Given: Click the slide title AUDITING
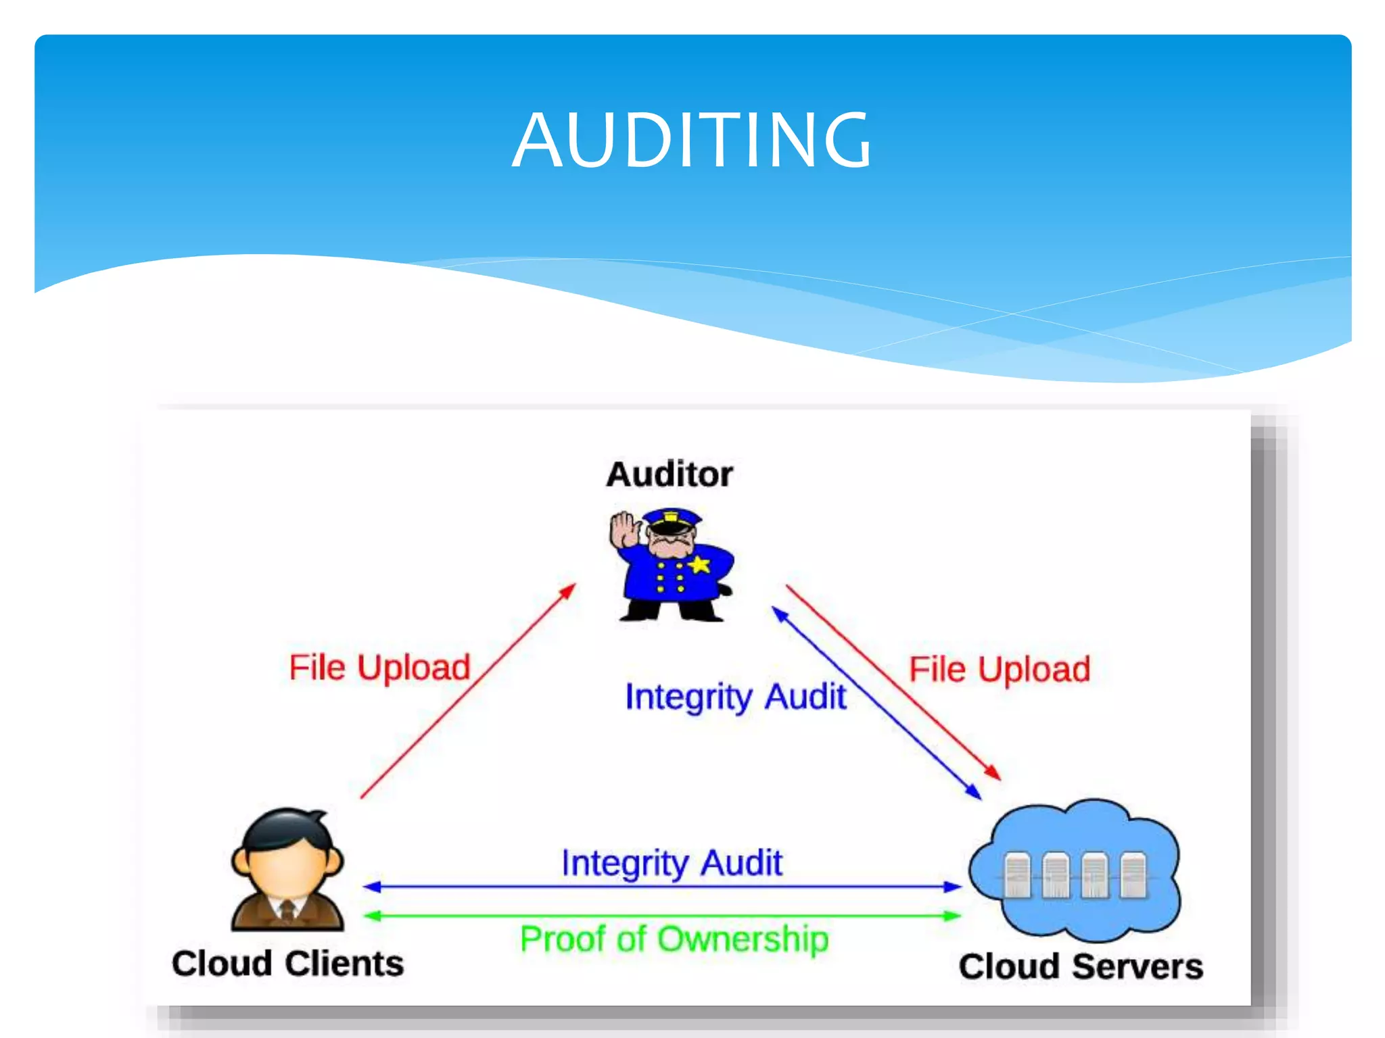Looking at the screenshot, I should pyautogui.click(x=691, y=140).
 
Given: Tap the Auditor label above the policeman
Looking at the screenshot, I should pyautogui.click(x=669, y=474).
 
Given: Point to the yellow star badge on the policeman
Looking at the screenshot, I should pyautogui.click(x=700, y=563).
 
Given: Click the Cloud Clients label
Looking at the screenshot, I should pyautogui.click(x=287, y=963).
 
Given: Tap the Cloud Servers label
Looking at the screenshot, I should pyautogui.click(x=1081, y=966).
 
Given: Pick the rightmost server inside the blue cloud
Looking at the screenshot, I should pyautogui.click(x=1133, y=876).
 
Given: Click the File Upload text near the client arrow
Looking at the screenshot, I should pyautogui.click(x=379, y=668).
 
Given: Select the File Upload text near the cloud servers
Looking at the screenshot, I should pyautogui.click(x=1000, y=670).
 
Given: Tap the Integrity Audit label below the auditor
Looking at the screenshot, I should pyautogui.click(x=735, y=697).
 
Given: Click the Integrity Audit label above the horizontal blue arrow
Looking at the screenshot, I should pyautogui.click(x=672, y=863).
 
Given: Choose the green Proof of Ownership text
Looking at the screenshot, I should pyautogui.click(x=674, y=939).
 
